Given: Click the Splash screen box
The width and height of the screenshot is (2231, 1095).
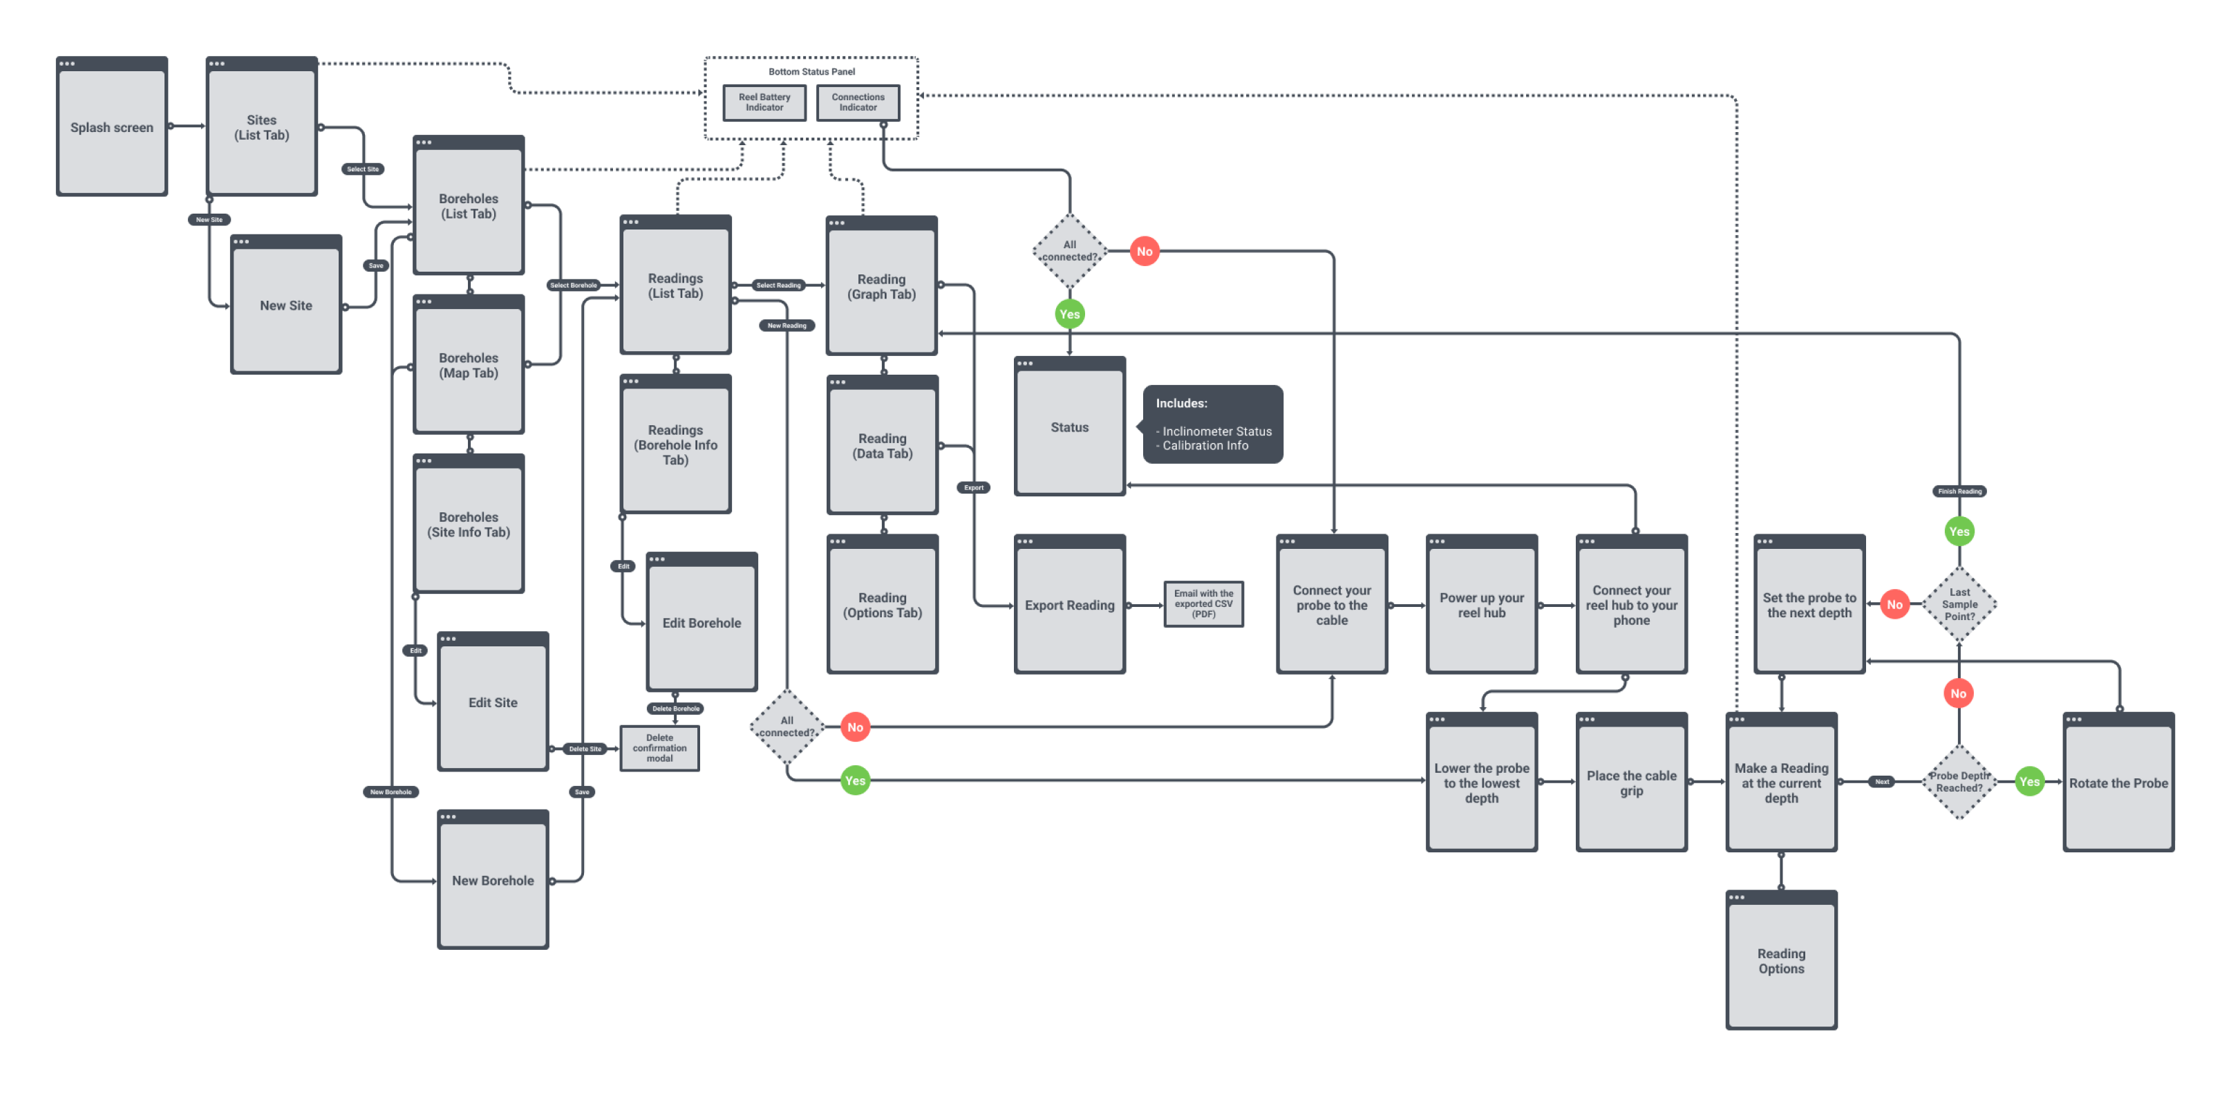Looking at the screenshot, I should [112, 127].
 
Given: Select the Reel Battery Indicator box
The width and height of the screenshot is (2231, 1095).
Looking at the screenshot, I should [764, 102].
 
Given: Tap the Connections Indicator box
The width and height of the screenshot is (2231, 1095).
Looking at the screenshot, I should [858, 102].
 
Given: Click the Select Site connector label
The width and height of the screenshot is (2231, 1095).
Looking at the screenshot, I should [363, 169].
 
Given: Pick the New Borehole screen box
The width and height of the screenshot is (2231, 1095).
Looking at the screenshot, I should [493, 880].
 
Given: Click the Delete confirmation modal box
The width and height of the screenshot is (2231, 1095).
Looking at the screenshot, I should [659, 747].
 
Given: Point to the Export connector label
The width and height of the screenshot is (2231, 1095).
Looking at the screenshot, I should [973, 488].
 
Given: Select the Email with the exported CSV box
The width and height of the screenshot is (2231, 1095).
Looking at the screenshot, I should [1203, 603].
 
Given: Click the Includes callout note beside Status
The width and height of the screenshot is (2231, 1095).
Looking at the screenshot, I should [1212, 424].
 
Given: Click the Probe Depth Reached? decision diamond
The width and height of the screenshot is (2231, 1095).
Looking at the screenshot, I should [1959, 781].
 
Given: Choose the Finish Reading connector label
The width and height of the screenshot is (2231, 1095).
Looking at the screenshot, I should [1959, 492].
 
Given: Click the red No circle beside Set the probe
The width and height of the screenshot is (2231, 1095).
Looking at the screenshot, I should [1894, 605].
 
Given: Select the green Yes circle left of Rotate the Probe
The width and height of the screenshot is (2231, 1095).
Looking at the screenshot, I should [2029, 781].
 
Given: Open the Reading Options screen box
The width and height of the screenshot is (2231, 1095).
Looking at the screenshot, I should [1780, 961].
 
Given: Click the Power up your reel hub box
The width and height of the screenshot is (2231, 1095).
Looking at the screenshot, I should [1481, 605].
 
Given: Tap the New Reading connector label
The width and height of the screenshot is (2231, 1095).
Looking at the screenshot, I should [787, 326].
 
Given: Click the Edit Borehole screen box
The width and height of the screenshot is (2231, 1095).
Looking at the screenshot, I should [702, 623].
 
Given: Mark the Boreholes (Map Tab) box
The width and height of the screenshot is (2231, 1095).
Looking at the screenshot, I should [469, 365].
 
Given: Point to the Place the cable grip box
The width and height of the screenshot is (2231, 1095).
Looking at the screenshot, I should [1631, 783].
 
